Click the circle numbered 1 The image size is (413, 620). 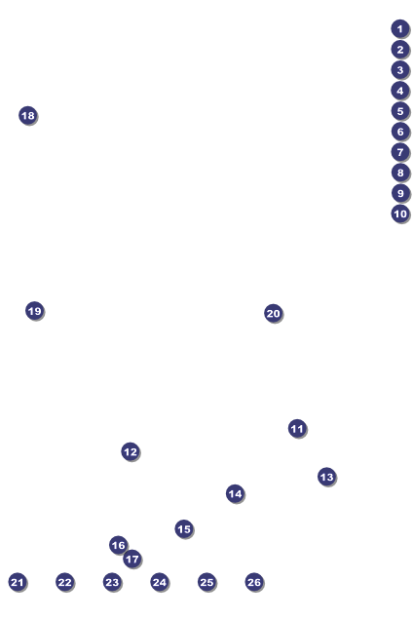click(400, 28)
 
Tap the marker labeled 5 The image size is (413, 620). click(400, 111)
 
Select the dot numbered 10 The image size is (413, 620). click(400, 213)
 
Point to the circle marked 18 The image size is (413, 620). click(27, 115)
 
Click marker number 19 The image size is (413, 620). click(34, 311)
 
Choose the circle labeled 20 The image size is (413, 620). click(273, 313)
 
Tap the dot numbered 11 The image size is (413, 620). click(297, 429)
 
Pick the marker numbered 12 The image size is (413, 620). click(130, 451)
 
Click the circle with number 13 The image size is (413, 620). click(326, 477)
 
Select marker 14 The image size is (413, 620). click(235, 494)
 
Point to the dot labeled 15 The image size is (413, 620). click(184, 529)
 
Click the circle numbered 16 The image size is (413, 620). click(118, 545)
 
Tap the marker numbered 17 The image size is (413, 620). click(132, 560)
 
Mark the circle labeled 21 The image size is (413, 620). click(17, 582)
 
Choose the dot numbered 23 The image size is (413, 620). click(112, 582)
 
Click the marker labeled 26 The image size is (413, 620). click(253, 582)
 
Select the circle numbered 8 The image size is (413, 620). click(400, 173)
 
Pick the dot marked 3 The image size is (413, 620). click(400, 70)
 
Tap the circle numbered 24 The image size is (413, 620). click(160, 582)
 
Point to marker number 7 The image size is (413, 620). click(400, 152)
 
